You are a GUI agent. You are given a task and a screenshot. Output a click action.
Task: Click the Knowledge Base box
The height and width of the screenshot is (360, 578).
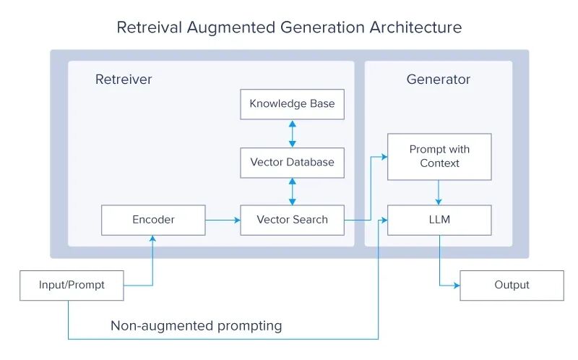point(292,104)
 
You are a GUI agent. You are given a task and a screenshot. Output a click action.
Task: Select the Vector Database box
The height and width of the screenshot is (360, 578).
point(292,163)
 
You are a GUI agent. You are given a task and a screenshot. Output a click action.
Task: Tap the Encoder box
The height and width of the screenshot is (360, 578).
point(153,220)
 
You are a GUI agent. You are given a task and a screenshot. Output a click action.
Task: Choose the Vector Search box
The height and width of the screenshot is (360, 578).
point(292,220)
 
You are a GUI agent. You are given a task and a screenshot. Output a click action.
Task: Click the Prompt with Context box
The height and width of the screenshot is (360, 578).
point(439,156)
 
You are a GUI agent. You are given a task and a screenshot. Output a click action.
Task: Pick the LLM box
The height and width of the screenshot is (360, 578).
point(439,220)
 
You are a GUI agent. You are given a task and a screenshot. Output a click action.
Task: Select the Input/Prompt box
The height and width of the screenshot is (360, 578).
point(72,286)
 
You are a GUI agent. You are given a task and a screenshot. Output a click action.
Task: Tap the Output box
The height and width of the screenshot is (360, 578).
point(512,286)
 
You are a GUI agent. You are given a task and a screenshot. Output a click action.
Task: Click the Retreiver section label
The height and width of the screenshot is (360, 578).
point(124,80)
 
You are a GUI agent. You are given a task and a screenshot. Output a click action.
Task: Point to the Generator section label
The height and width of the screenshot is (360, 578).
point(439,80)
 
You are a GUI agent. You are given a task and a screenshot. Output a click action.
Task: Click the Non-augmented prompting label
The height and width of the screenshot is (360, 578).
point(196,326)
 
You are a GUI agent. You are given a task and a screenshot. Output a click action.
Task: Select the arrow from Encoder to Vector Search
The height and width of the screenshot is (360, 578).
point(222,220)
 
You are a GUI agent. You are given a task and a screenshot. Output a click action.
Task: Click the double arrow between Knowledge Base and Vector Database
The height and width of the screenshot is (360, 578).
point(292,134)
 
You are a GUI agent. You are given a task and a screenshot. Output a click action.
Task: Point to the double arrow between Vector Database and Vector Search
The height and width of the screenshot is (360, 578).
point(292,192)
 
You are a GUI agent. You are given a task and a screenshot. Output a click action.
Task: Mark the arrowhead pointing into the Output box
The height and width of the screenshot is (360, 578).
point(456,286)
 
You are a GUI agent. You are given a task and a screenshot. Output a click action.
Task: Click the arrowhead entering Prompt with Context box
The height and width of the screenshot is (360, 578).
point(384,156)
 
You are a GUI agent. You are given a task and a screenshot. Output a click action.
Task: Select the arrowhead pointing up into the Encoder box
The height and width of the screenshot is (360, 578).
point(153,239)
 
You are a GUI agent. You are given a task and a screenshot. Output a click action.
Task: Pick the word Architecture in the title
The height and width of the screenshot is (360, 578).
point(416,28)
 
